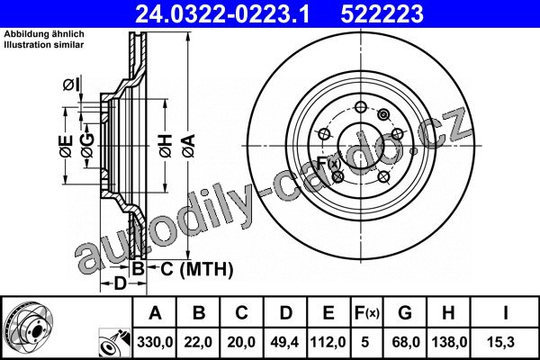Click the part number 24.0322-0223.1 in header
222,13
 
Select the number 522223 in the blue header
382,13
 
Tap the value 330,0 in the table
155,342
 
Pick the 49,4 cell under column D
284,342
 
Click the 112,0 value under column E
328,342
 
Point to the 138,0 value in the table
449,342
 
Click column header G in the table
405,313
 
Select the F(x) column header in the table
366,313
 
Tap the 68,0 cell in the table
406,342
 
